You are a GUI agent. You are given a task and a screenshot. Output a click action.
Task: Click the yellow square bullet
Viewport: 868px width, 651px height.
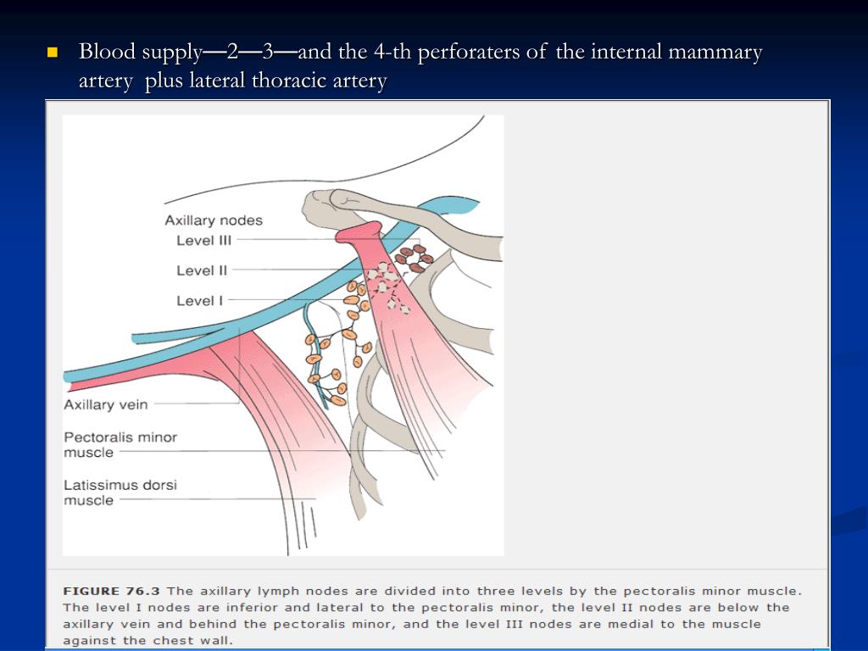tap(52, 53)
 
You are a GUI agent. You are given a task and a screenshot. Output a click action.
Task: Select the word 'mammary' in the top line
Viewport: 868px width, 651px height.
tap(715, 53)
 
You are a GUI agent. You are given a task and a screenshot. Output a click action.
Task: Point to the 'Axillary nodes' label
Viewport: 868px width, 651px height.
tap(214, 220)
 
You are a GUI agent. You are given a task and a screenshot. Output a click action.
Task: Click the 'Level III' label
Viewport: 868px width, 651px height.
tap(203, 241)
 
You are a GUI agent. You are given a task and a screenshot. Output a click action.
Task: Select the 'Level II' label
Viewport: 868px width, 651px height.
tap(202, 271)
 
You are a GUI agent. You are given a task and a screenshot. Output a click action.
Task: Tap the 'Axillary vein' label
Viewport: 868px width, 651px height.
tap(105, 405)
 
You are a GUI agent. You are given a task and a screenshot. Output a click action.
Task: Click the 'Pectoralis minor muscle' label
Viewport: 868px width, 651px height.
tap(120, 445)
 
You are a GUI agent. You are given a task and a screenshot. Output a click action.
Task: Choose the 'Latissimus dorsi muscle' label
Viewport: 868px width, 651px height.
tap(120, 492)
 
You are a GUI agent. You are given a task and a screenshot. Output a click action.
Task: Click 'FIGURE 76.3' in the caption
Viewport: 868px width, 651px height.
tap(112, 591)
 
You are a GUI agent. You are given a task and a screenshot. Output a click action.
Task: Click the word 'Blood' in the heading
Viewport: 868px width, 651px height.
tap(108, 53)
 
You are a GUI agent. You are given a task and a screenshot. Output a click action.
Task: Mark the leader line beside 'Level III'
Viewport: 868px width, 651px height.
tap(288, 241)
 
